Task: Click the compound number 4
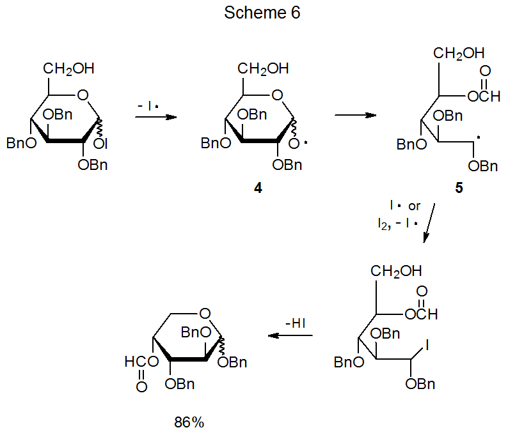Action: pyautogui.click(x=257, y=188)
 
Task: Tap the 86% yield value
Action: pyautogui.click(x=189, y=422)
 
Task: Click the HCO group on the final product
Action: pyautogui.click(x=139, y=362)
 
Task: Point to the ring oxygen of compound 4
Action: pyautogui.click(x=276, y=96)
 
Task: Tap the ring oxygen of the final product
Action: pyautogui.click(x=203, y=313)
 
